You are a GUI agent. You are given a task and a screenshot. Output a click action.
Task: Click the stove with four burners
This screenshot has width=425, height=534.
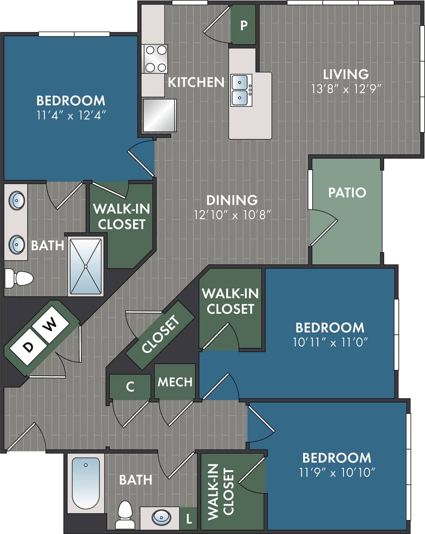[x=156, y=58]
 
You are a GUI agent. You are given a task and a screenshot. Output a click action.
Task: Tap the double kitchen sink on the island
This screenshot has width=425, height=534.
[x=240, y=90]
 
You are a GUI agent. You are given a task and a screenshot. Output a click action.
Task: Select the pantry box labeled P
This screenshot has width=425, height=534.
[x=244, y=25]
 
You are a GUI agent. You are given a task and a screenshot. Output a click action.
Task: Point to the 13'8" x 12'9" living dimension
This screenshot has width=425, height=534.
[x=346, y=89]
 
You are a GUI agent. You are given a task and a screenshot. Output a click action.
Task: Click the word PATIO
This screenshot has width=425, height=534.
[x=347, y=192]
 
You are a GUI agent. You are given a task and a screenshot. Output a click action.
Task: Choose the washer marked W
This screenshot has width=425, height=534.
[x=51, y=324]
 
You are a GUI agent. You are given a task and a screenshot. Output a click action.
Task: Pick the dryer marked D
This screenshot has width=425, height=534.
[x=28, y=347]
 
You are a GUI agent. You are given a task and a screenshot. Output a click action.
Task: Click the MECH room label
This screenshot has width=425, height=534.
[x=175, y=382]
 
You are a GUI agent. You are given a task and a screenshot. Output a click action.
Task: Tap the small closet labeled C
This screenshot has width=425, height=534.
[x=130, y=387]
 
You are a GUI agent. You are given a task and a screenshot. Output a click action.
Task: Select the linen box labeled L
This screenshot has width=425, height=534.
[x=189, y=519]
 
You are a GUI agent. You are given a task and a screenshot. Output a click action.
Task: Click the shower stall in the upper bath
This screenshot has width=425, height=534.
[x=86, y=266]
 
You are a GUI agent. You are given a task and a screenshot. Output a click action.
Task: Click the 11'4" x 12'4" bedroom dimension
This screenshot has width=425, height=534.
[x=71, y=115]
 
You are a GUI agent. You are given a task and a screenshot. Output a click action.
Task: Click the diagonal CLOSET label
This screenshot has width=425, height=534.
[x=161, y=335]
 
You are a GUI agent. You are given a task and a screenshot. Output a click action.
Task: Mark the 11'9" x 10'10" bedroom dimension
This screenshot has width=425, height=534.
[x=337, y=473]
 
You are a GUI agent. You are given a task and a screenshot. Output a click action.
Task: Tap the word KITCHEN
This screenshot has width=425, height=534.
[x=196, y=82]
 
